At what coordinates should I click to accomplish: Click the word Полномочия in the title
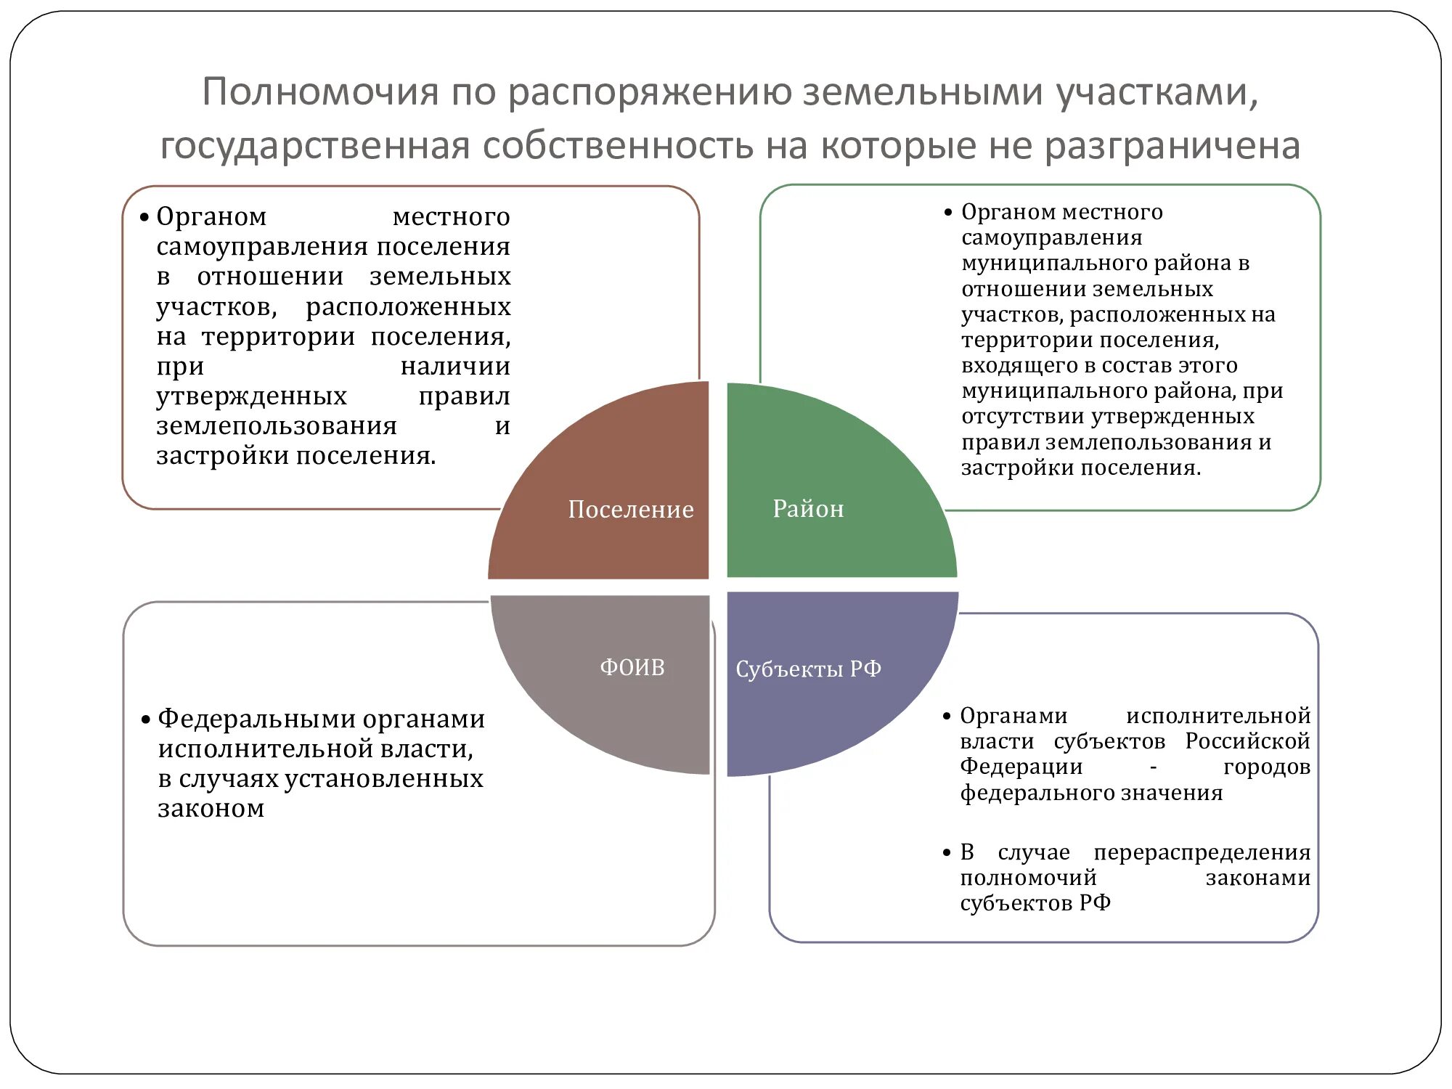pos(320,92)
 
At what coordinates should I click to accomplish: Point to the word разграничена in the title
pos(1172,145)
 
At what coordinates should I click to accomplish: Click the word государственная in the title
pos(314,145)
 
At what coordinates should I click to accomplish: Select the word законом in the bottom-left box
pos(211,808)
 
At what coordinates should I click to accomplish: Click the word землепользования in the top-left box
pos(277,425)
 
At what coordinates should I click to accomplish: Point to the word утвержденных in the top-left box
pos(251,396)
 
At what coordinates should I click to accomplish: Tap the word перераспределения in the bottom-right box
pos(1202,852)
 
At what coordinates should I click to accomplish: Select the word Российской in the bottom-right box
pos(1247,741)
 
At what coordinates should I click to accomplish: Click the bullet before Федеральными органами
pos(145,719)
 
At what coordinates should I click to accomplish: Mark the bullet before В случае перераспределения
pos(946,853)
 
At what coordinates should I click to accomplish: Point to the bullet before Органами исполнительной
pos(946,717)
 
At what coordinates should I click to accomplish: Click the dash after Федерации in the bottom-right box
pos(1153,767)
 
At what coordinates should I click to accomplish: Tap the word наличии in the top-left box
pos(455,367)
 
